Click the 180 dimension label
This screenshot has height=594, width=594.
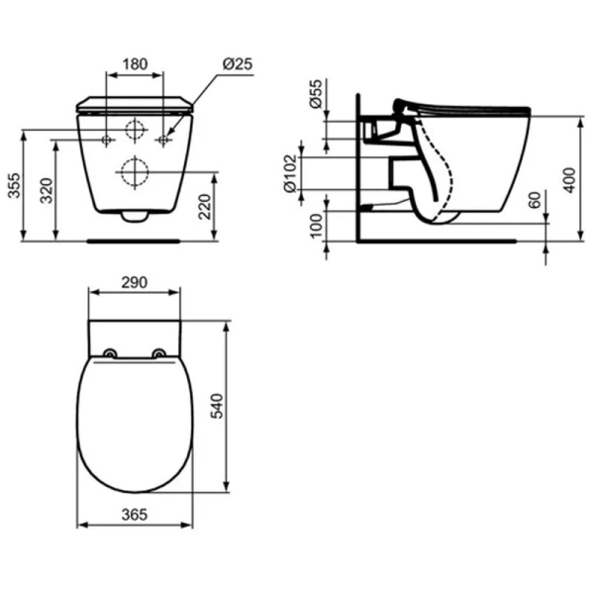pos(135,64)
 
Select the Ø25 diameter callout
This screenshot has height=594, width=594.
pos(237,64)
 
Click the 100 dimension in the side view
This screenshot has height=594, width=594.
pos(315,225)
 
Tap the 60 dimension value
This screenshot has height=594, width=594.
pos(536,201)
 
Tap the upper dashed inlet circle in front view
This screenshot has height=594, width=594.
pos(135,130)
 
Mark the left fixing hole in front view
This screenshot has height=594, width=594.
pos(106,141)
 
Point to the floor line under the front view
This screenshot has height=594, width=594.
pos(134,240)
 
